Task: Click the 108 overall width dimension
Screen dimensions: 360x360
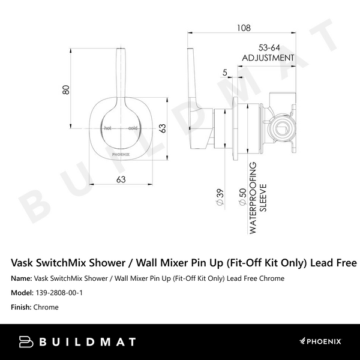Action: tap(244, 27)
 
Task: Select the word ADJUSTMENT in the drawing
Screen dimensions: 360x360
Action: tap(268, 58)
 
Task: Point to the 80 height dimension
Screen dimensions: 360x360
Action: tap(66, 89)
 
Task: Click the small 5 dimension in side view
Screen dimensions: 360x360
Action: tap(224, 73)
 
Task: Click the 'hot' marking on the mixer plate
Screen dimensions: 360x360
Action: tap(108, 128)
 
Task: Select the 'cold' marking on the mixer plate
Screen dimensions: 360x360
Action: tap(133, 128)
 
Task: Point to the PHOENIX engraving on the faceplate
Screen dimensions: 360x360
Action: tap(120, 154)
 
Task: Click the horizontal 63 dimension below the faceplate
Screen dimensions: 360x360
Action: tap(120, 178)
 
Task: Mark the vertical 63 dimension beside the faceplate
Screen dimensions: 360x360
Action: tap(161, 128)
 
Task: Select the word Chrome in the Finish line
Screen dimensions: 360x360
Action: tap(46, 307)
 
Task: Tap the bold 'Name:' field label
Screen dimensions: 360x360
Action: tap(22, 278)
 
